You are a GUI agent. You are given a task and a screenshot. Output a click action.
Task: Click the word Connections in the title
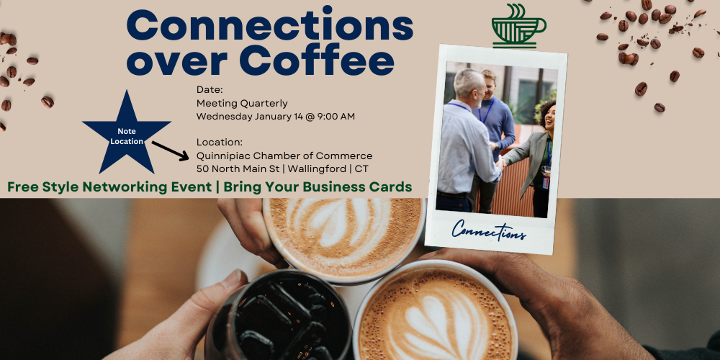(270, 26)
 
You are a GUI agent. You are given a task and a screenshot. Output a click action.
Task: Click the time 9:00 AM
(336, 116)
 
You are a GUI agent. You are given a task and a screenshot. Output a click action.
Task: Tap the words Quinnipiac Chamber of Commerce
(284, 156)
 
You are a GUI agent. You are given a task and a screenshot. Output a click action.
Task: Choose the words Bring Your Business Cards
(318, 187)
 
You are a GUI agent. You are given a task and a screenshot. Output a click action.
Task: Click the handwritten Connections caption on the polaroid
(490, 232)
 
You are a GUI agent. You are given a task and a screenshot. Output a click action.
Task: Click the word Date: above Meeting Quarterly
(210, 90)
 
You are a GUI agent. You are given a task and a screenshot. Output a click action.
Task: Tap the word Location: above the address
(219, 143)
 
